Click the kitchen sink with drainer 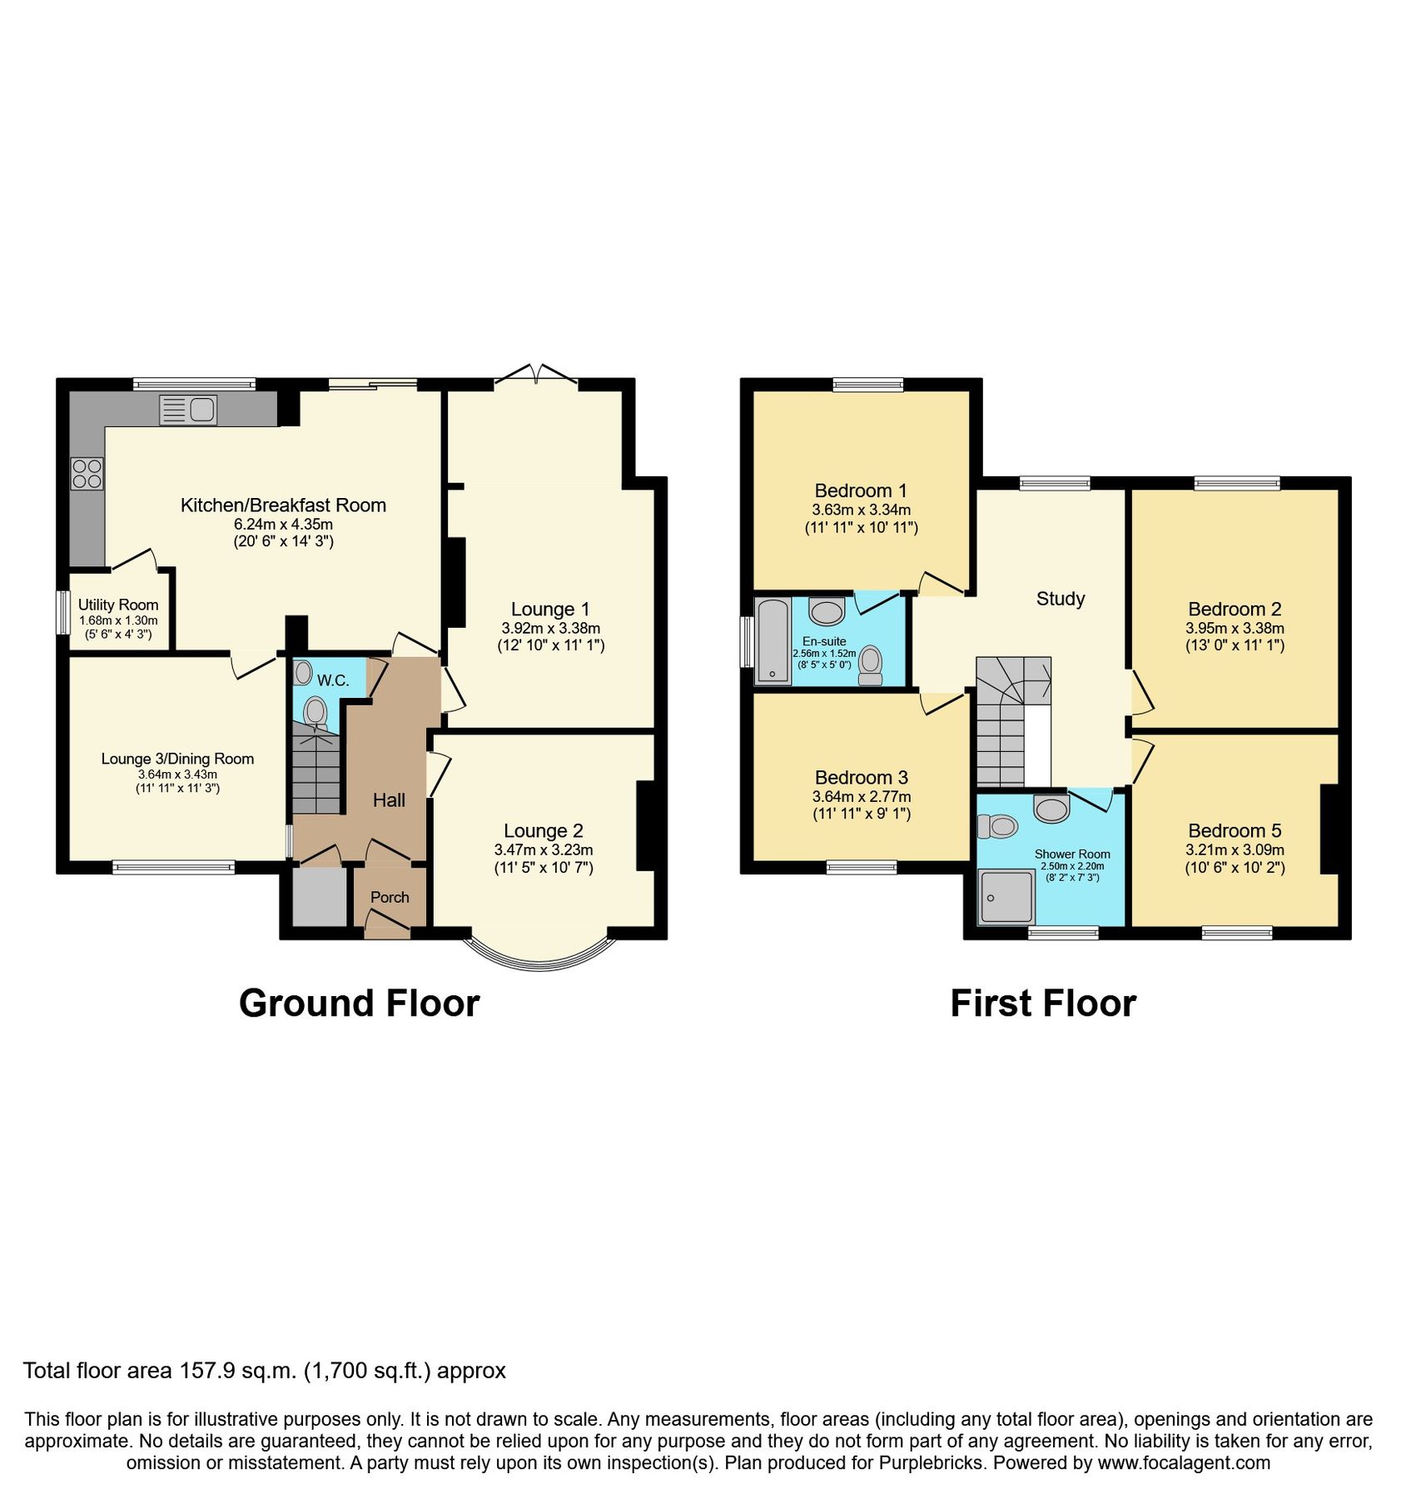click(188, 410)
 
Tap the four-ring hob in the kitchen click(87, 474)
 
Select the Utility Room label click(118, 605)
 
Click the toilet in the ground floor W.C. click(315, 713)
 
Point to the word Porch click(390, 897)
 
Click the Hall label click(389, 800)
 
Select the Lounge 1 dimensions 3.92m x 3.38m click(550, 628)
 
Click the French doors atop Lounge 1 click(536, 376)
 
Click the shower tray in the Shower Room click(1006, 896)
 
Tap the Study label click(1060, 598)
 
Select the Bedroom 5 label click(1235, 830)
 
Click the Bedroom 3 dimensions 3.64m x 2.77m click(862, 796)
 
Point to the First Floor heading click(1042, 1003)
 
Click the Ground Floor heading click(359, 1003)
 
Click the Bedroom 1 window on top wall click(867, 384)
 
